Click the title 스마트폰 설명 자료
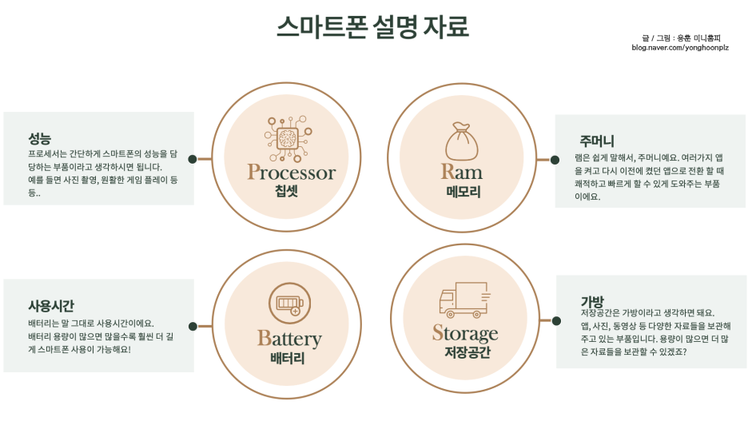pos(373,26)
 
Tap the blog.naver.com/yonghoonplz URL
pos(680,48)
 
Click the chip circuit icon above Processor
pos(288,139)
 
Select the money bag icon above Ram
pos(461,141)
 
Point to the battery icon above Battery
pos(289,304)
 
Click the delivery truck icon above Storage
pos(464,300)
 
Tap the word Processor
pos(291,173)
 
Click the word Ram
pos(461,172)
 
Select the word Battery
pos(289,339)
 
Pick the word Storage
pos(465,333)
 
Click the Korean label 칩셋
pos(286,191)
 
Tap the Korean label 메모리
pos(463,192)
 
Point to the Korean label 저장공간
pos(467,352)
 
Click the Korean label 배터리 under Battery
pos(287,358)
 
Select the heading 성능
pos(39,139)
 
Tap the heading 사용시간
pos(51,306)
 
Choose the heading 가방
pos(592,302)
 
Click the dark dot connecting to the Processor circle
pos(193,159)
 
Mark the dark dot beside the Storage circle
pos(556,320)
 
